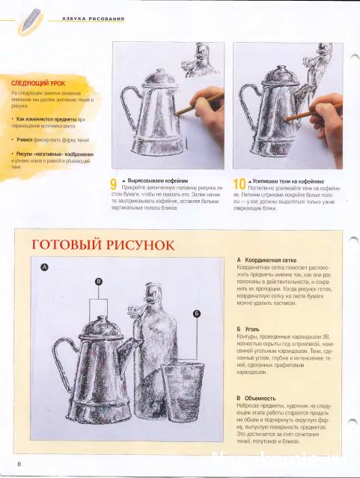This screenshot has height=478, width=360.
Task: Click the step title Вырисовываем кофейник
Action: point(150,181)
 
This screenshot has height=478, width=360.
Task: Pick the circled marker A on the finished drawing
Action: point(44,267)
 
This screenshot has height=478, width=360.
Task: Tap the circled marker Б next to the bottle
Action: point(197,313)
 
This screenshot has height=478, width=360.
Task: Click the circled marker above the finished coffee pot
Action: point(98,281)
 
